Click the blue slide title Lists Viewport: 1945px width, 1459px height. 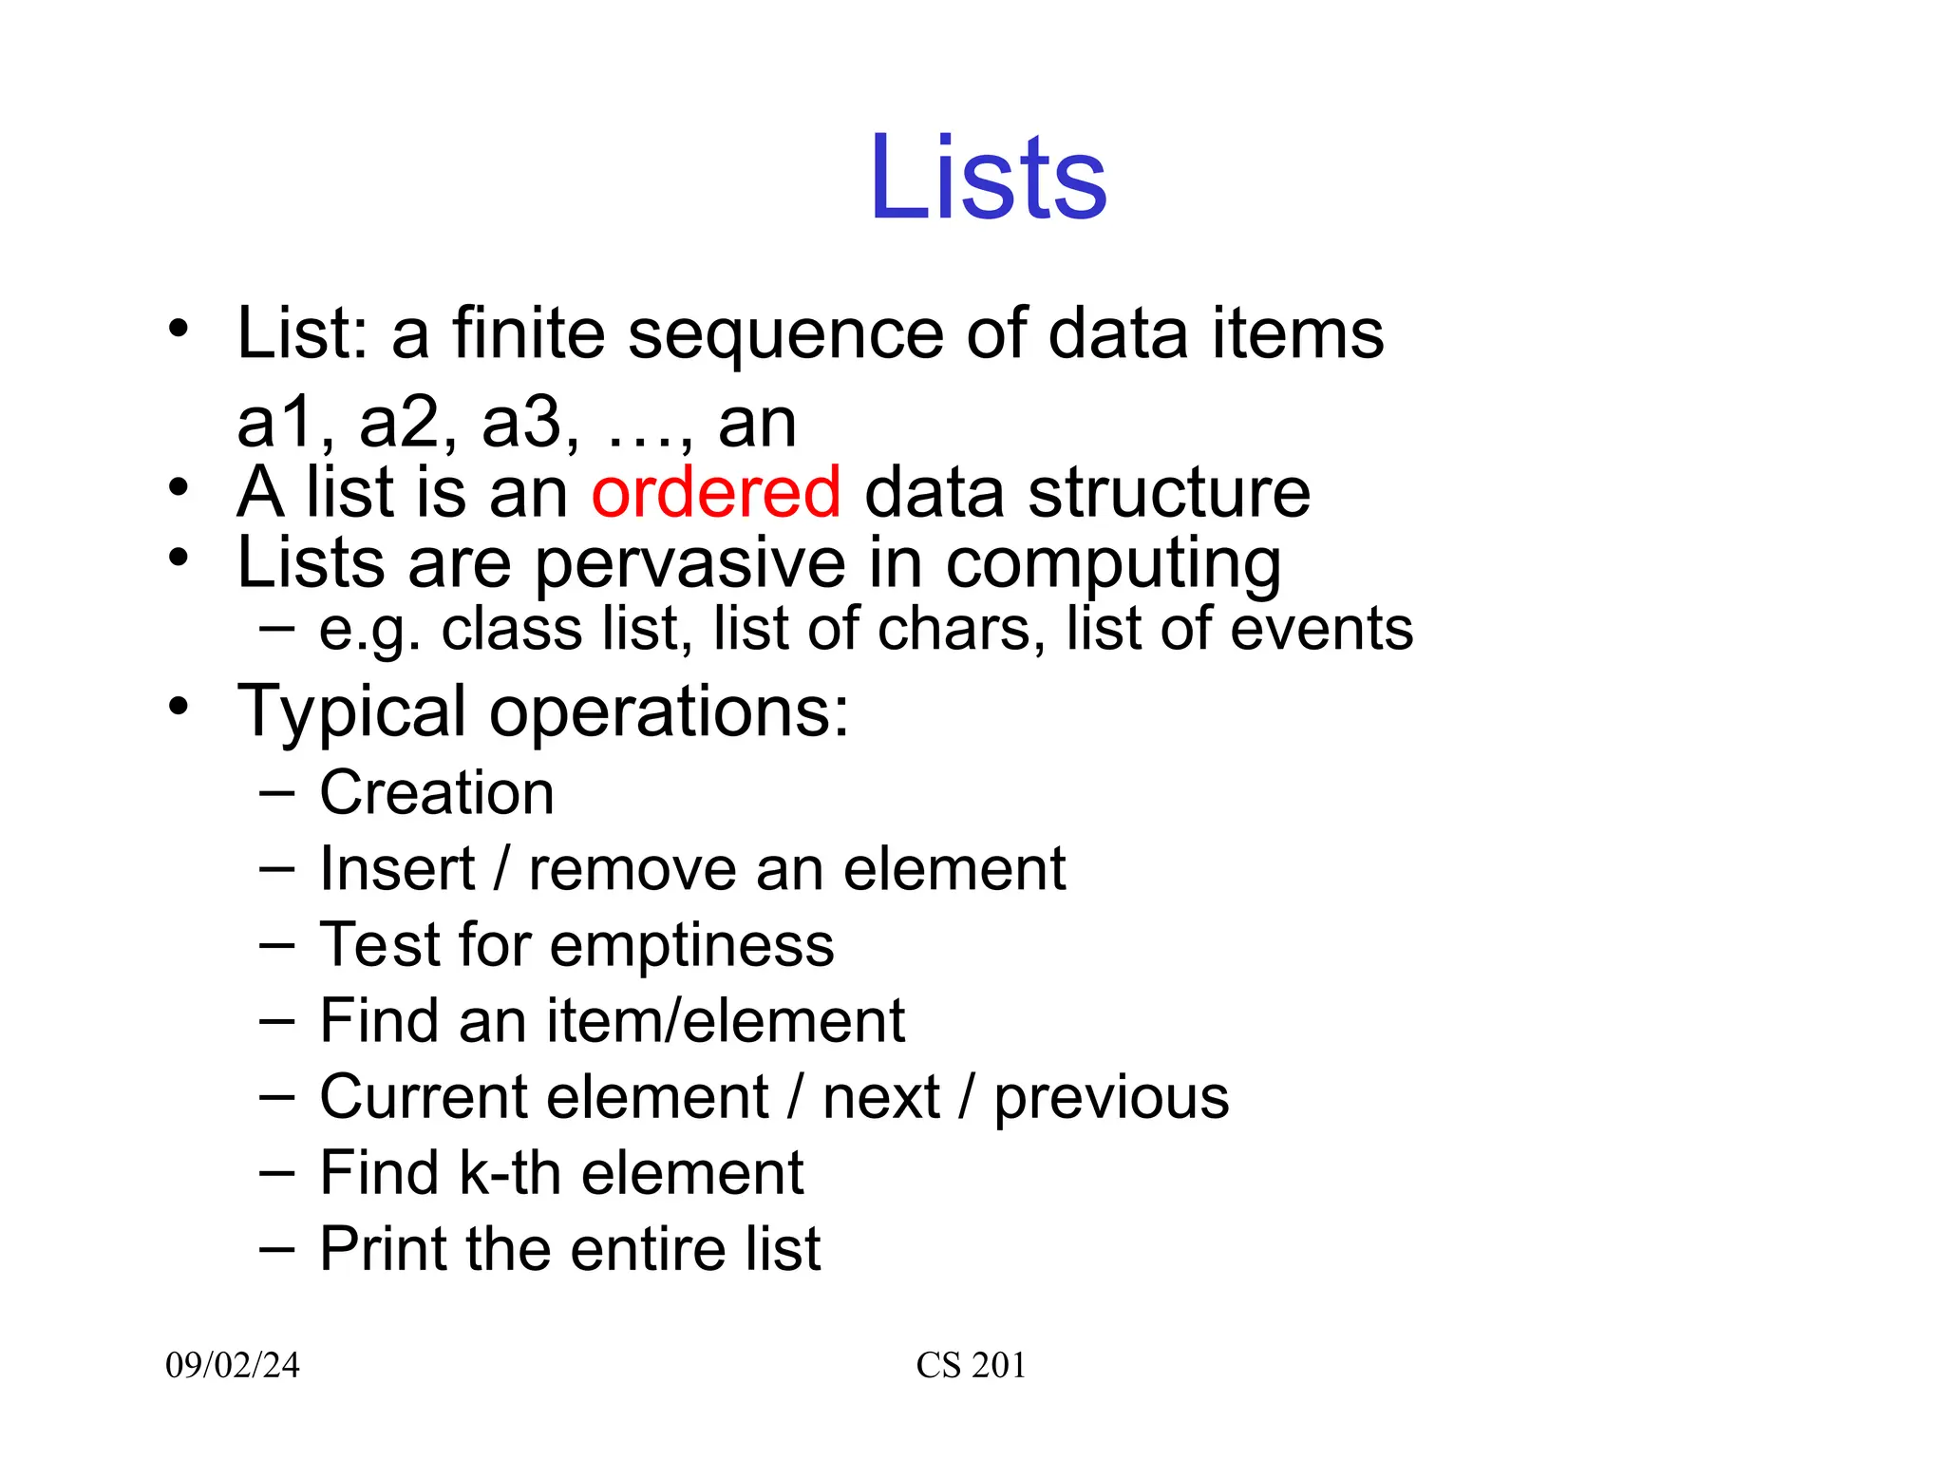click(x=988, y=178)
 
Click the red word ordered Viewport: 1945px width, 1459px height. click(x=716, y=492)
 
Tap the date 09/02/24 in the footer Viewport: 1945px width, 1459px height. click(x=233, y=1365)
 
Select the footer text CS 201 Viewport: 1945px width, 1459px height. click(x=971, y=1365)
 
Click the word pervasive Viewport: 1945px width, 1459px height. click(x=690, y=563)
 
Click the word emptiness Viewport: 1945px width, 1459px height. click(x=692, y=945)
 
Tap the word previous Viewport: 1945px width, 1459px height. click(x=1111, y=1098)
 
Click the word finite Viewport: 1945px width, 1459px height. click(x=528, y=333)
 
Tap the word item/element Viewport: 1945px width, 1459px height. click(x=726, y=1021)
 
